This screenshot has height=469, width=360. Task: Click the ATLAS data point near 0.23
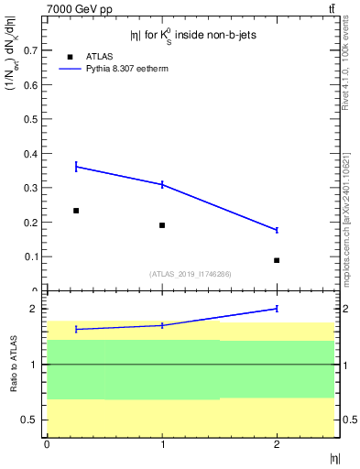click(76, 211)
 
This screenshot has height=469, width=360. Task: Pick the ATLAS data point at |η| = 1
click(162, 225)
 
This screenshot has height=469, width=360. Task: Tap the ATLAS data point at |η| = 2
click(277, 260)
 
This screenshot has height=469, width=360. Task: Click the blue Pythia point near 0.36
click(76, 166)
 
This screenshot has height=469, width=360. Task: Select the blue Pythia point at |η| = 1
click(162, 184)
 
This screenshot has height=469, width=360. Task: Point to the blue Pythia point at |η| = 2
click(277, 230)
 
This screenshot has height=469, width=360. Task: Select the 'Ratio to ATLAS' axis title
click(14, 365)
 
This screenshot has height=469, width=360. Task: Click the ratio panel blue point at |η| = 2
click(277, 309)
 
